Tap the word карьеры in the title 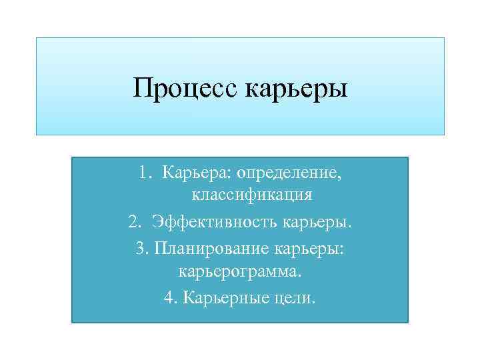[297, 89]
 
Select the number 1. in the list [146, 173]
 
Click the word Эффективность [215, 220]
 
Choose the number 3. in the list [142, 247]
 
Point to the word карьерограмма [240, 272]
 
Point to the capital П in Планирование [160, 247]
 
